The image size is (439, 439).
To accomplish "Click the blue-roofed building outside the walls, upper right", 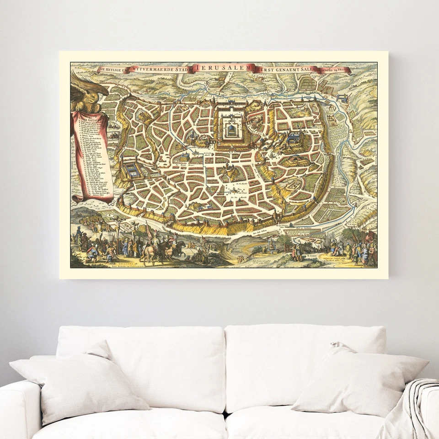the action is pyautogui.click(x=341, y=98).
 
